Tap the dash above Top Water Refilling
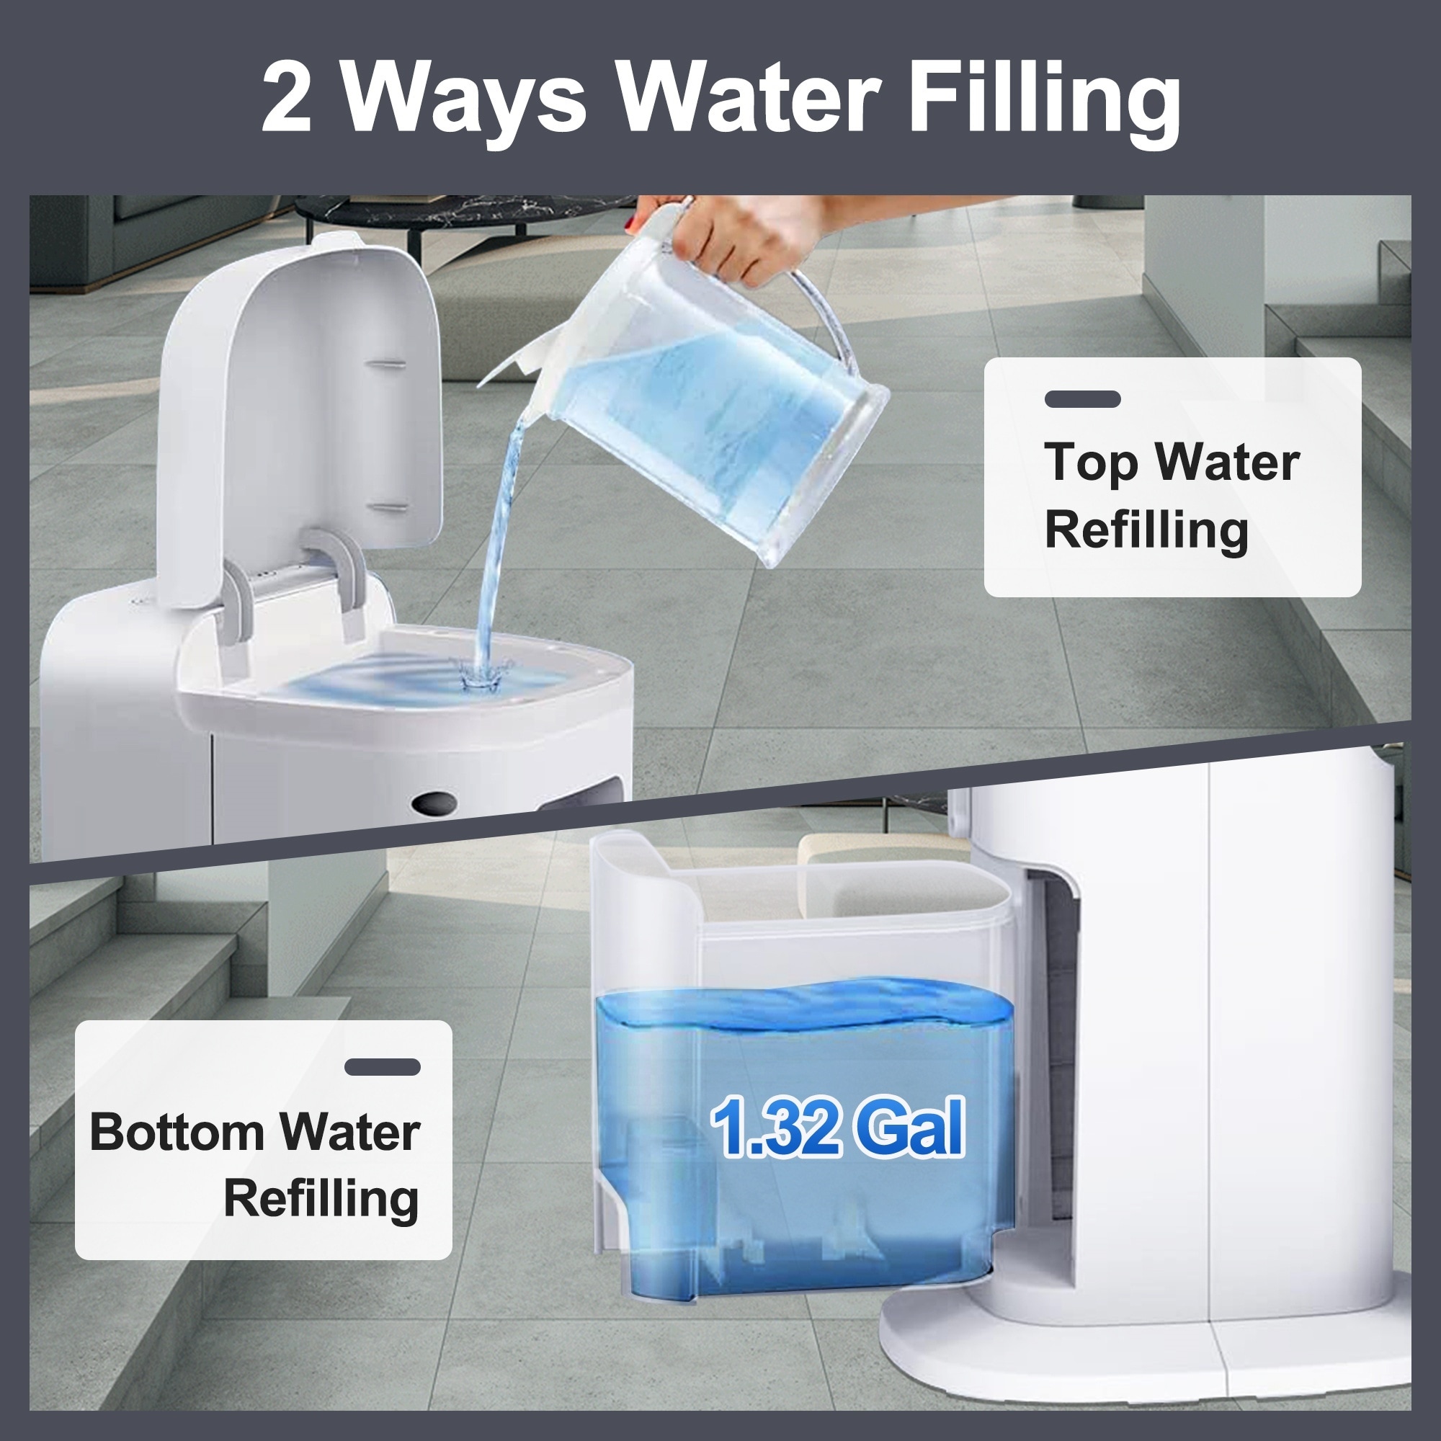coord(1082,399)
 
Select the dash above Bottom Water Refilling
coord(383,1067)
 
